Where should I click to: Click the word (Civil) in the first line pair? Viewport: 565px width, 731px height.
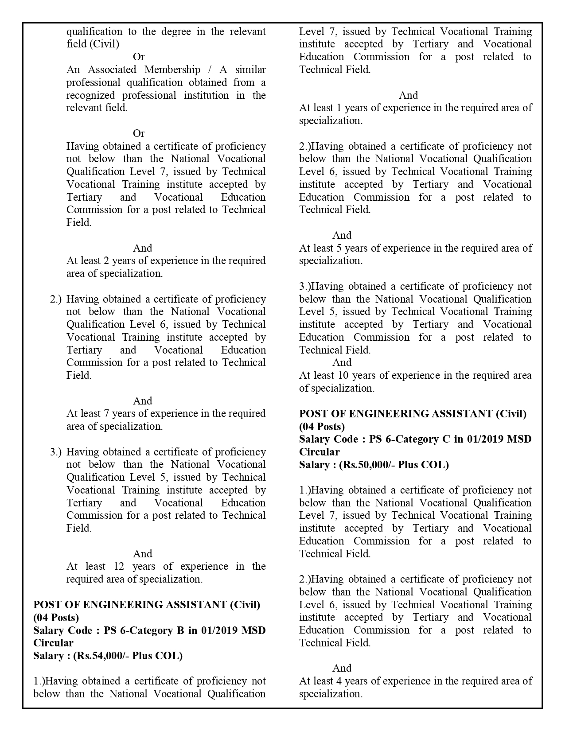tap(105, 44)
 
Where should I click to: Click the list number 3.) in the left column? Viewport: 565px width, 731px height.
tap(56, 452)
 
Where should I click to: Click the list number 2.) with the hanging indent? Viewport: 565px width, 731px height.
tap(56, 299)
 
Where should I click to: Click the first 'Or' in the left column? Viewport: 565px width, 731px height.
tap(139, 57)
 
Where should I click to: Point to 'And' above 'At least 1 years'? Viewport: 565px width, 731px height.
tap(408, 95)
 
